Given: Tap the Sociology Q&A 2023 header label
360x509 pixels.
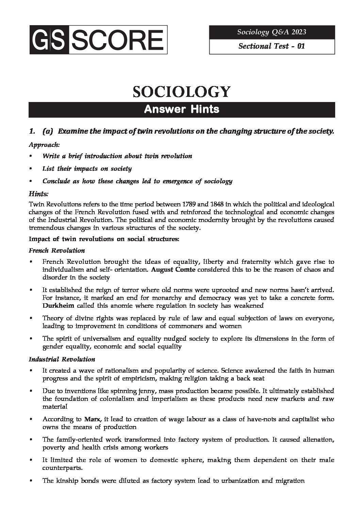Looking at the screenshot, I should [x=272, y=32].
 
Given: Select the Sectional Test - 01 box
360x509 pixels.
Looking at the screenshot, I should [x=272, y=46].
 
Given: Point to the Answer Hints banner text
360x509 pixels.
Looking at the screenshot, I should [x=182, y=109].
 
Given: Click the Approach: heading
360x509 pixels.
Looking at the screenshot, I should [x=44, y=144].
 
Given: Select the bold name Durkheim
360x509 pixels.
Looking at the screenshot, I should [x=58, y=305].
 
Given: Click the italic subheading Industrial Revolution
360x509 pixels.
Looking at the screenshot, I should [x=62, y=359].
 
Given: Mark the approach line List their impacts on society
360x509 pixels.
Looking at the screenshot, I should [x=87, y=168].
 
